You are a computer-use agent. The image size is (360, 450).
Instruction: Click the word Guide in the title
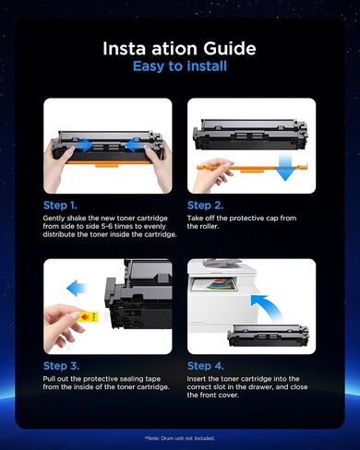pos(230,49)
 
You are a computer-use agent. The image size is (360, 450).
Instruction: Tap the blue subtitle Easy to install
pos(180,66)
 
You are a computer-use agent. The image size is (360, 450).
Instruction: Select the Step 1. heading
pos(60,206)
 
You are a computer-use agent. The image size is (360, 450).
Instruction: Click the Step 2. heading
pos(205,206)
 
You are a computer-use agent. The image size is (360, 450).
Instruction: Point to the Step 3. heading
pos(61,366)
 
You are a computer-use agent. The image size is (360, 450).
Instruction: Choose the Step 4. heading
pos(206,366)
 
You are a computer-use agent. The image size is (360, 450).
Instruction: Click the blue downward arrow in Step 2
pos(285,167)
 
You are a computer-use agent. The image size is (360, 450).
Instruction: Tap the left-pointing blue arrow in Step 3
pos(78,288)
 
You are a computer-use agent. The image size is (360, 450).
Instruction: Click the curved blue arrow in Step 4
pos(267,306)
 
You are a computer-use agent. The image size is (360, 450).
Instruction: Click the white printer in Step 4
pos(222,293)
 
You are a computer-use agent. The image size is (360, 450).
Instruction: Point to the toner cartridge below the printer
pos(268,336)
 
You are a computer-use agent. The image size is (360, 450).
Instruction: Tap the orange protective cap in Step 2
pos(252,168)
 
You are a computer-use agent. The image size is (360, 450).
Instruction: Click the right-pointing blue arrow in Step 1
pos(82,145)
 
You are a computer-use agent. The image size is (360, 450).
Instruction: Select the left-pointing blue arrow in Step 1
pos(135,145)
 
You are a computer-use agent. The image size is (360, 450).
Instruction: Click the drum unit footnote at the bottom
pos(180,438)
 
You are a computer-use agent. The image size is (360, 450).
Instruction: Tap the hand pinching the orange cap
pos(211,174)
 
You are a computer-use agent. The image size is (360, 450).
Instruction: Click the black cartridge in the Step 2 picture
pos(250,134)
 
